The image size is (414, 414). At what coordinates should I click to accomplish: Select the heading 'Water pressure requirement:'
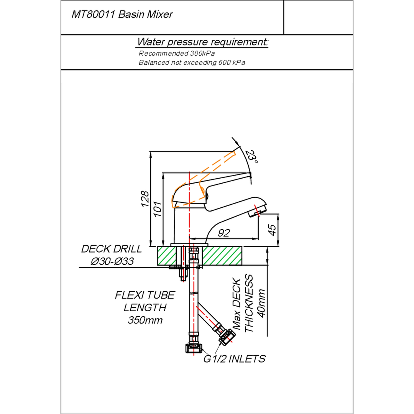(203, 42)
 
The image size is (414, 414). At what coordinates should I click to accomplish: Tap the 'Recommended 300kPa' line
(176, 54)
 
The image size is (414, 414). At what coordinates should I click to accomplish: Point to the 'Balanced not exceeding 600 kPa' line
(192, 62)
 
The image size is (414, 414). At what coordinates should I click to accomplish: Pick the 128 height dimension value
(145, 199)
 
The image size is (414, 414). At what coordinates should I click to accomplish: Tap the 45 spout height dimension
(271, 230)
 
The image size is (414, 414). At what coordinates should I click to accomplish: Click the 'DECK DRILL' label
(111, 249)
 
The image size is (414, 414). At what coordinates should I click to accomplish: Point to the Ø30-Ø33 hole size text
(112, 261)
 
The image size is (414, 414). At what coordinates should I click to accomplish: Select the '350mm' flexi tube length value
(145, 320)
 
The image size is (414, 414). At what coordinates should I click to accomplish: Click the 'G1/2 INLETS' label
(234, 359)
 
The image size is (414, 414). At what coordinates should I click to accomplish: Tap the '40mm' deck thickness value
(262, 303)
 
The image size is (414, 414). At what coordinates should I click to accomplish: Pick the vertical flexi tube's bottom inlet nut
(193, 348)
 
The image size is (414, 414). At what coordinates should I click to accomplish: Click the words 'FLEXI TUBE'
(145, 295)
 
